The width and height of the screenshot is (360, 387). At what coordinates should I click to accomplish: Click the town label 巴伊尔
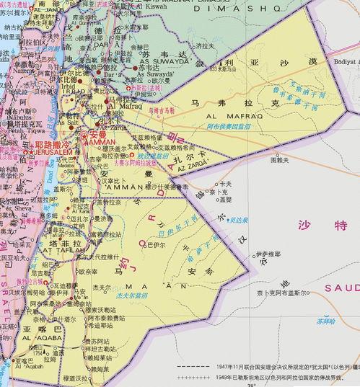click(x=156, y=245)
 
